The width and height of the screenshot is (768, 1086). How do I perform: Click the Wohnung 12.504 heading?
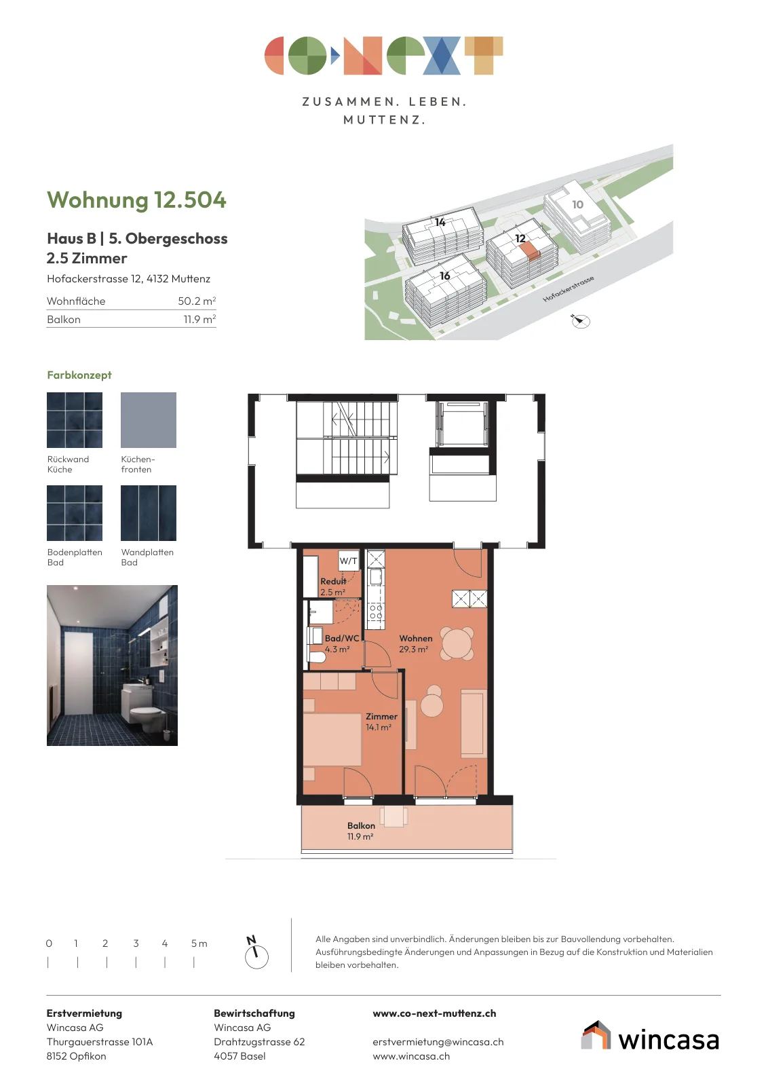tap(136, 200)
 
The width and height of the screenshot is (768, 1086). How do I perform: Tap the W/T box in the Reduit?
tap(349, 561)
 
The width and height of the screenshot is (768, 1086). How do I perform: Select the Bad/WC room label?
tap(342, 644)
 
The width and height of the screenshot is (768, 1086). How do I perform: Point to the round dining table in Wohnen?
tap(457, 644)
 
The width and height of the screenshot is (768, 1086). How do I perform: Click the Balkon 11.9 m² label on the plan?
tap(361, 831)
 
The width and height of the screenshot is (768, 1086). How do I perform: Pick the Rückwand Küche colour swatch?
tap(75, 420)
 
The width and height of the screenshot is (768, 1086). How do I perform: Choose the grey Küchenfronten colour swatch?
tap(149, 420)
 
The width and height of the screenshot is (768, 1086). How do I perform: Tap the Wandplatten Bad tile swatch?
tap(149, 513)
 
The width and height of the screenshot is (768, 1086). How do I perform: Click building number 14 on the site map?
tap(440, 222)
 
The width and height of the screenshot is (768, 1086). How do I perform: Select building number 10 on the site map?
tap(577, 204)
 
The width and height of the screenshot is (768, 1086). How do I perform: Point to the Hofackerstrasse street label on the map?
tap(569, 289)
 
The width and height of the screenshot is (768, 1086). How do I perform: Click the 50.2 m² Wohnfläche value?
tap(197, 301)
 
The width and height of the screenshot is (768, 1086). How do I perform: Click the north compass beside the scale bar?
tap(256, 953)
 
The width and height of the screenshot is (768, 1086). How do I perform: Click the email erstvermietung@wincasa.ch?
tap(438, 1042)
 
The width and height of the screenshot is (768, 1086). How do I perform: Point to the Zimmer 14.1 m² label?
tap(381, 722)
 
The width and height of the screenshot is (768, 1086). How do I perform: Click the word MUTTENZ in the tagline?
tap(384, 119)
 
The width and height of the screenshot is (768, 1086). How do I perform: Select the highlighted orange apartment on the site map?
tap(530, 250)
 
